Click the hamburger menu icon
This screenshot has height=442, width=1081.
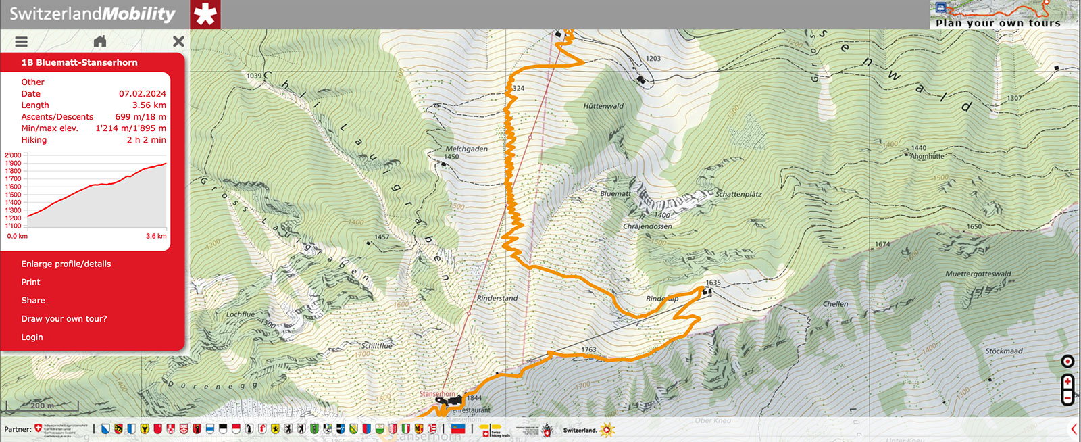(22, 41)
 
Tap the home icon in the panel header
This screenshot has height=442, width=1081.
(100, 41)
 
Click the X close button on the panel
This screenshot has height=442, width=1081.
(178, 41)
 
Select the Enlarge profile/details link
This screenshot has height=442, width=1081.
(66, 264)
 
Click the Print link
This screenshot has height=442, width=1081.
(30, 282)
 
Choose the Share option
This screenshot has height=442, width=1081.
(33, 300)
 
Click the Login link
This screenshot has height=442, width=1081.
(32, 337)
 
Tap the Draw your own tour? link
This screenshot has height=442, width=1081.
(64, 318)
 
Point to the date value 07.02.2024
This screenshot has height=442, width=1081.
(142, 94)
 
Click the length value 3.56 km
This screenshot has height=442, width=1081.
(149, 105)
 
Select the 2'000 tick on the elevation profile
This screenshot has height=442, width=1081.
(13, 155)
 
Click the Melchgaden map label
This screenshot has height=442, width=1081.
(466, 149)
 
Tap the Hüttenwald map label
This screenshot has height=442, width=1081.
(603, 106)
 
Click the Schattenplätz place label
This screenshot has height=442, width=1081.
(738, 194)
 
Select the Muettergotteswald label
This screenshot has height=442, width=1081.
(978, 274)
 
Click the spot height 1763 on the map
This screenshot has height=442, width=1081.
(588, 350)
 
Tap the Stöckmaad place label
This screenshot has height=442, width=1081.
(1003, 351)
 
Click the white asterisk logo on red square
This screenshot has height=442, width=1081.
(205, 14)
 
